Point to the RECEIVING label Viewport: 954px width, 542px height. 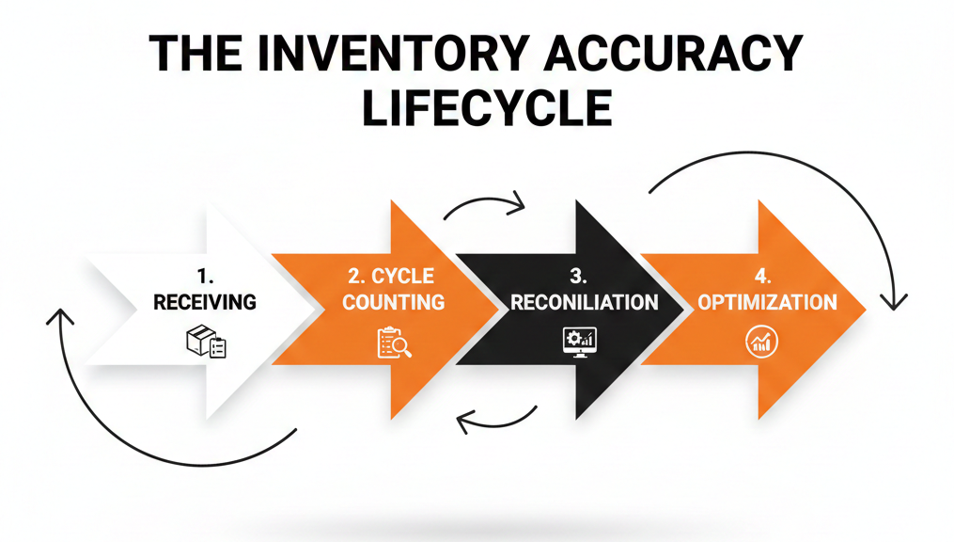(x=205, y=302)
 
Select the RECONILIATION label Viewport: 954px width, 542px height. (x=584, y=302)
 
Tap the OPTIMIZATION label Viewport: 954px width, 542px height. (x=768, y=302)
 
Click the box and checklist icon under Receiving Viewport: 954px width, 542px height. (x=206, y=343)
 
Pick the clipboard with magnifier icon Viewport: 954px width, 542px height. (x=394, y=343)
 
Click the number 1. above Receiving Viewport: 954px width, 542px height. (x=205, y=277)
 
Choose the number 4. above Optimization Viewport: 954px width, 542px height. (x=762, y=277)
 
